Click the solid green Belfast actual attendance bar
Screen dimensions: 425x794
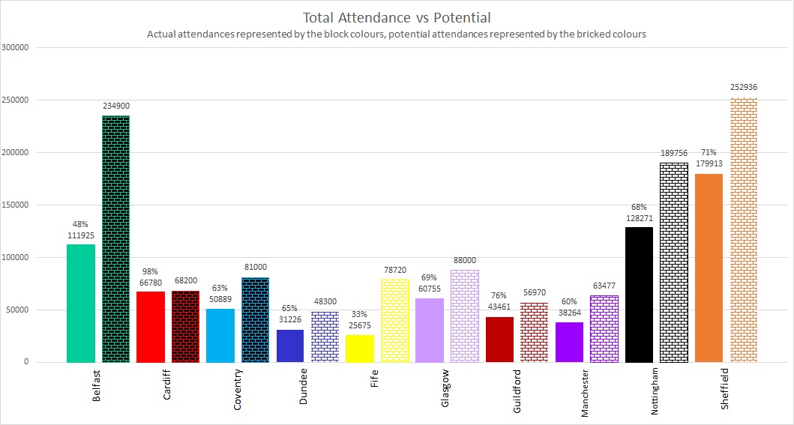coord(81,303)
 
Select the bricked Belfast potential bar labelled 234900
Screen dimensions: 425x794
coord(115,239)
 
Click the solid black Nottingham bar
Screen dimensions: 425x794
coord(640,295)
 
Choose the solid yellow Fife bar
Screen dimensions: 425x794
coord(360,349)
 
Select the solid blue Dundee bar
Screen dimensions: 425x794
coord(290,346)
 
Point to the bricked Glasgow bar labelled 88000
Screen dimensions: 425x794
coord(465,316)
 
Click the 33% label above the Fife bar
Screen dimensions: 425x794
coord(360,315)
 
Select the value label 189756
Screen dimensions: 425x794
coord(674,153)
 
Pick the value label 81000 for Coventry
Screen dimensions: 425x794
coord(256,267)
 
